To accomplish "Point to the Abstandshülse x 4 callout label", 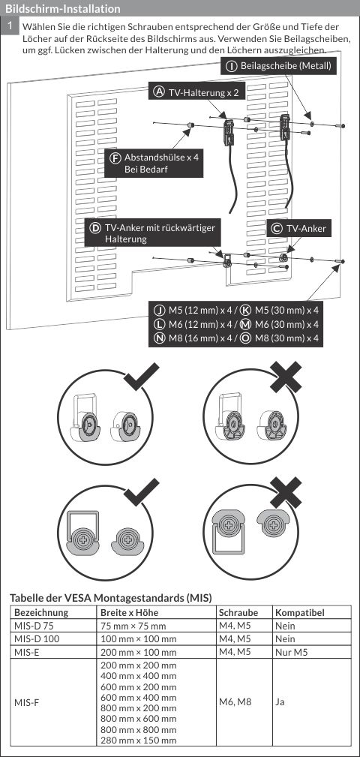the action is (x=154, y=164).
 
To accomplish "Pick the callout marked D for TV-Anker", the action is (x=153, y=233).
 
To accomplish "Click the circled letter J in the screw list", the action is (x=158, y=309).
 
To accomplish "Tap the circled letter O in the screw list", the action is (x=245, y=338).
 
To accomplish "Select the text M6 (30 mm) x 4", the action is (x=286, y=324).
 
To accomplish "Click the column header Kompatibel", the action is (x=300, y=613).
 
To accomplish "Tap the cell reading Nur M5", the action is (x=292, y=653).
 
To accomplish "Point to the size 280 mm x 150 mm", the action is (x=139, y=740).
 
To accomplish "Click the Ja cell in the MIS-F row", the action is (x=280, y=701).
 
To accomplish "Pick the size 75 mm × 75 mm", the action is (x=133, y=626).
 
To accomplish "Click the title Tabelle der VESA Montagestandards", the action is (x=111, y=598).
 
